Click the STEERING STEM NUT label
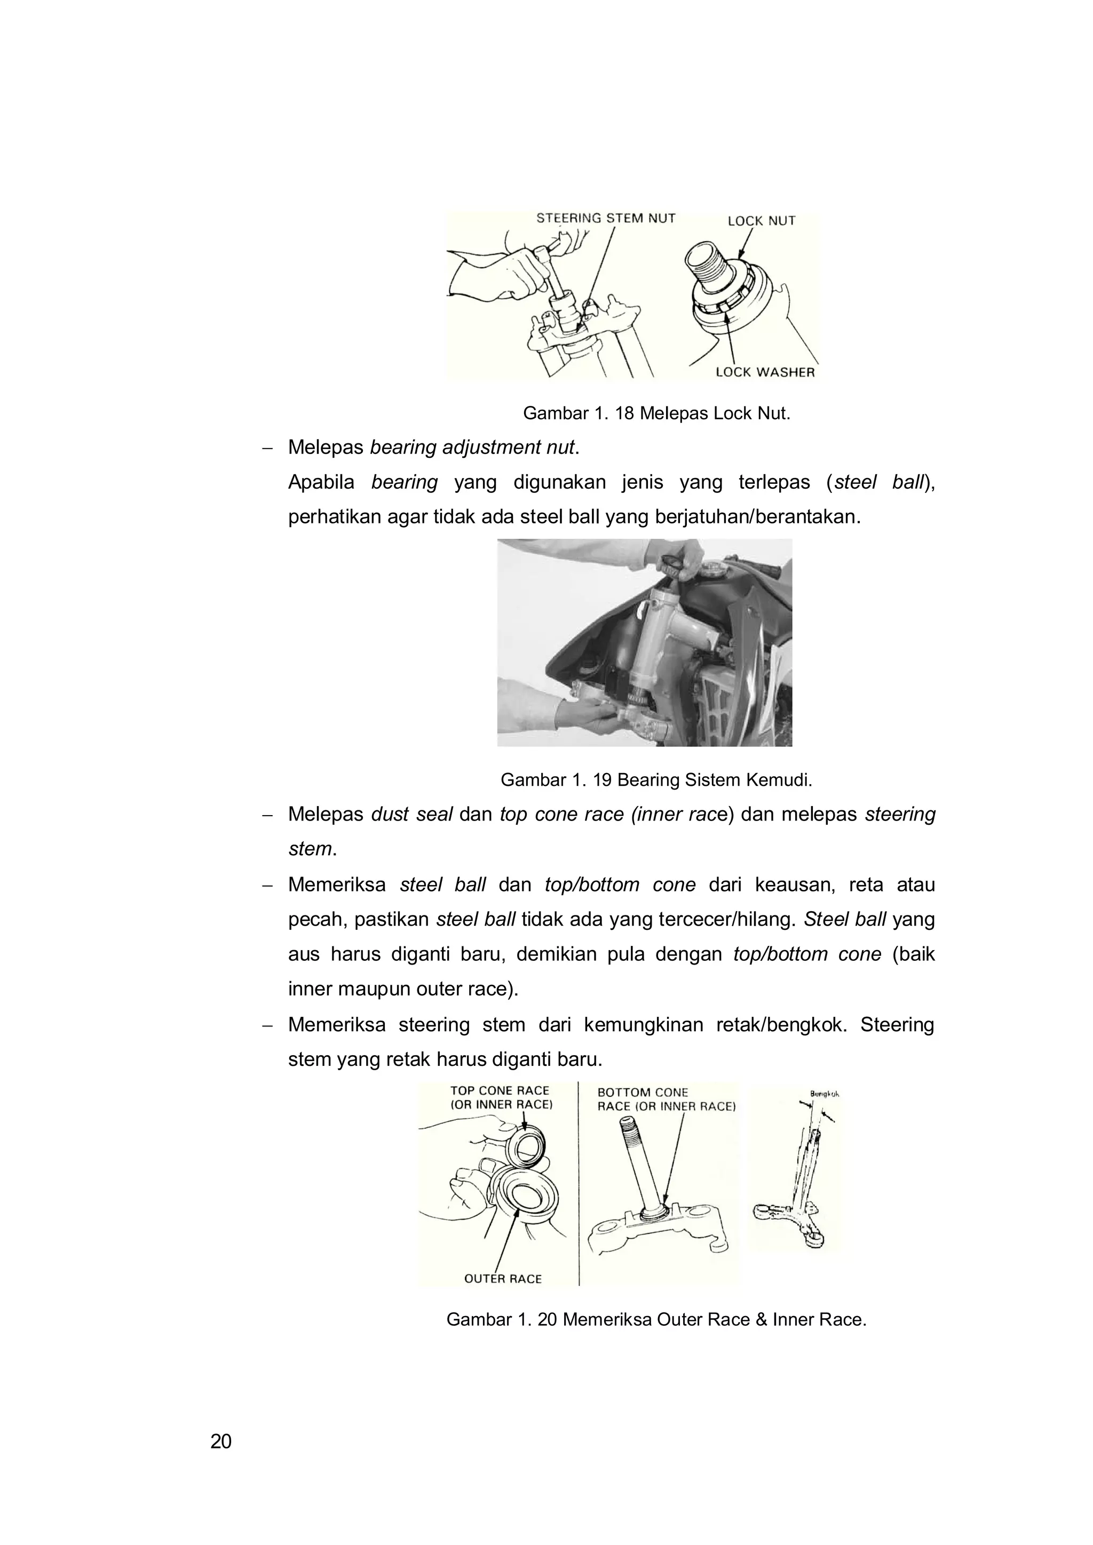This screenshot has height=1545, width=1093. tap(605, 218)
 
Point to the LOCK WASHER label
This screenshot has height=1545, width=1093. tap(765, 372)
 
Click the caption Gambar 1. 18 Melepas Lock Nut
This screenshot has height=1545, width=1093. tap(656, 413)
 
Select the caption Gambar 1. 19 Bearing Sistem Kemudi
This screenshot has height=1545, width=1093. tap(656, 780)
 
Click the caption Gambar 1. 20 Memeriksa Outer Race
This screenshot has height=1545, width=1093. tap(656, 1319)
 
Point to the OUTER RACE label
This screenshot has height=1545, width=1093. tap(503, 1279)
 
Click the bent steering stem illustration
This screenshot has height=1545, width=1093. tap(801, 1184)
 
